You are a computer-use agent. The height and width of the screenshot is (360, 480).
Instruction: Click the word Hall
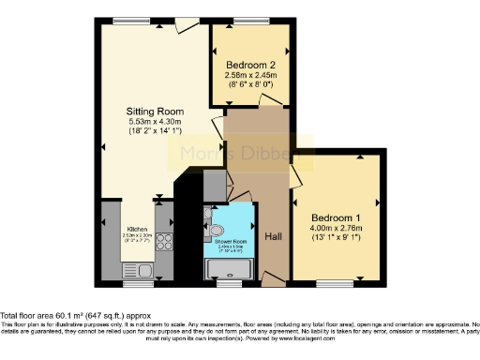point(274,235)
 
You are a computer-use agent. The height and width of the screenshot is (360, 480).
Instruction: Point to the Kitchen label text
point(138,229)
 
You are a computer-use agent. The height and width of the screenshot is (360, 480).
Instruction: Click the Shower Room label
point(231,242)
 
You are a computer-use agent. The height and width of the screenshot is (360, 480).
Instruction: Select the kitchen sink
point(144,271)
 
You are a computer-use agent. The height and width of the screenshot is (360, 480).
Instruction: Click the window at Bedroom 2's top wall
point(250,21)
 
